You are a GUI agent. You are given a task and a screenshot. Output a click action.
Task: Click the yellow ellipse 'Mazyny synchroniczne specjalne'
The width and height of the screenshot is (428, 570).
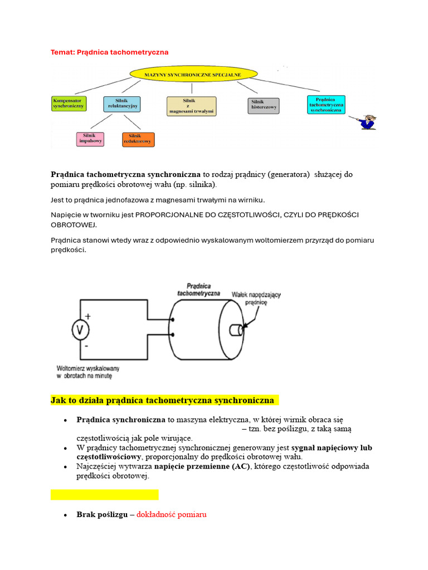[x=193, y=73]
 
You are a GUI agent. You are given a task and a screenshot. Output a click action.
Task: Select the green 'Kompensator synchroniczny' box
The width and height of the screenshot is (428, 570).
[x=69, y=103]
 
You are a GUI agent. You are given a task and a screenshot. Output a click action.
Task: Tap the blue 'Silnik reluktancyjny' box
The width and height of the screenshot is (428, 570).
[x=122, y=104]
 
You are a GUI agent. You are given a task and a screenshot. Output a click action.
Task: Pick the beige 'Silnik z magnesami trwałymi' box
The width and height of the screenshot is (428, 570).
[x=192, y=106]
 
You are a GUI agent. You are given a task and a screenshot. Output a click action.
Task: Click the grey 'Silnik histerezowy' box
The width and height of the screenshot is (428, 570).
[x=263, y=105]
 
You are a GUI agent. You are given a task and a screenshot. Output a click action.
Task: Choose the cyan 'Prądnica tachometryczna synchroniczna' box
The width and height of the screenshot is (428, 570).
[x=326, y=104]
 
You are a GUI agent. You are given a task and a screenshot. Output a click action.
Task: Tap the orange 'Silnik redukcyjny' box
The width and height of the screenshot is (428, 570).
[x=138, y=139]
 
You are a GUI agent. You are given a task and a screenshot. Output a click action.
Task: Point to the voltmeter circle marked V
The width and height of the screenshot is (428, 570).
[x=80, y=331]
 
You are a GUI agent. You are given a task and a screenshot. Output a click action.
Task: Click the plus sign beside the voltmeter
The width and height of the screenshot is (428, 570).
[x=88, y=316]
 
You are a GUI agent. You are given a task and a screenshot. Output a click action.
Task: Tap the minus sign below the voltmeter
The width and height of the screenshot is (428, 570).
[x=87, y=346]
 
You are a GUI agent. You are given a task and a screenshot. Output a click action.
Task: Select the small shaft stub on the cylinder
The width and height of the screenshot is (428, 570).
[x=237, y=330]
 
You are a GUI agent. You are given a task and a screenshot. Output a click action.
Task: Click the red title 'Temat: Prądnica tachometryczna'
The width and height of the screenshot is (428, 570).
[x=109, y=52]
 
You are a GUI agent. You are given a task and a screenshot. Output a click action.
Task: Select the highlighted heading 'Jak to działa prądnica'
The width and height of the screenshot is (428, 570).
[x=162, y=400]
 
